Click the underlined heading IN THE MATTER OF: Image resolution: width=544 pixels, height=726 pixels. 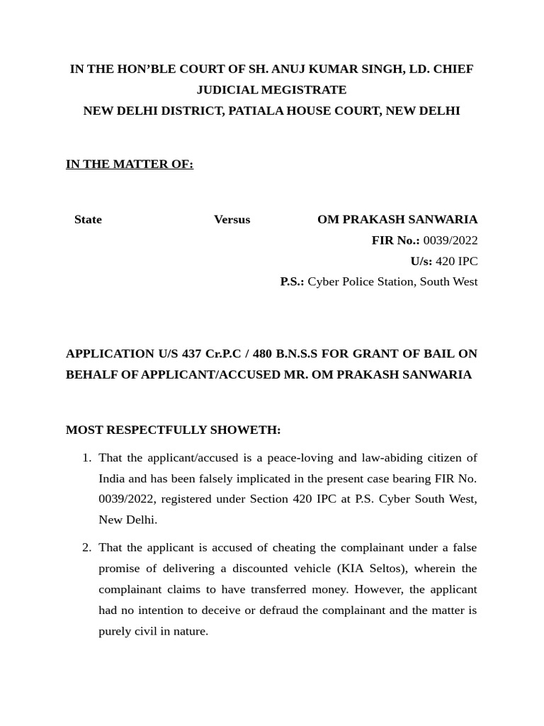[130, 164]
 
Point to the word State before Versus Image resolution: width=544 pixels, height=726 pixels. [88, 220]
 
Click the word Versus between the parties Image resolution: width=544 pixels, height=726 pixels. [232, 220]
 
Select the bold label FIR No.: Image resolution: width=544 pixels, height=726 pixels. [395, 240]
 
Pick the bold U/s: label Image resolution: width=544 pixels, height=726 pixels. [421, 261]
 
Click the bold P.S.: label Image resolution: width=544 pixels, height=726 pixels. [292, 281]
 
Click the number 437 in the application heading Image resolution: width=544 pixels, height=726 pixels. [191, 354]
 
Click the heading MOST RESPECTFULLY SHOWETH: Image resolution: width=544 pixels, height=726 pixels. [173, 430]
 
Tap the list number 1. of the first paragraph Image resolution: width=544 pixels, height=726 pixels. [86, 457]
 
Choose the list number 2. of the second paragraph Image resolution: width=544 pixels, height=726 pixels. [86, 547]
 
